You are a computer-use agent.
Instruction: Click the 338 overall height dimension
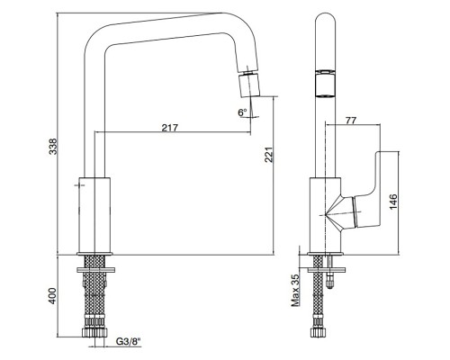pyautogui.click(x=53, y=147)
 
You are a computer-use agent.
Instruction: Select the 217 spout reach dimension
pyautogui.click(x=170, y=128)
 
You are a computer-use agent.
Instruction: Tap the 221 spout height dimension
pyautogui.click(x=269, y=155)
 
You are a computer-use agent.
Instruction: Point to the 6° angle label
pyautogui.click(x=242, y=112)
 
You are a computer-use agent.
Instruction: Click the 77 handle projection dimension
pyautogui.click(x=351, y=121)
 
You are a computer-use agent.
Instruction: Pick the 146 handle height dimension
pyautogui.click(x=393, y=202)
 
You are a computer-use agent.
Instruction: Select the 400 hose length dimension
pyautogui.click(x=53, y=296)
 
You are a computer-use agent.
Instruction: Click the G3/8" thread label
pyautogui.click(x=128, y=341)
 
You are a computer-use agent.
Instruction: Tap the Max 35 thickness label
pyautogui.click(x=295, y=290)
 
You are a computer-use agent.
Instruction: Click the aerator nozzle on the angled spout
pyautogui.click(x=248, y=85)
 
